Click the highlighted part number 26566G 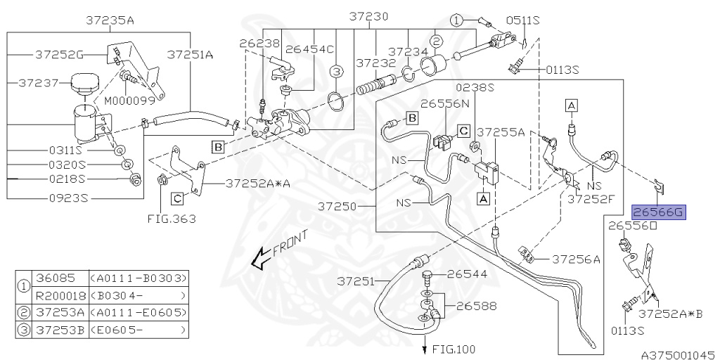point(658,212)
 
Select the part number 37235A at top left point(110,20)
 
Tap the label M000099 point(130,100)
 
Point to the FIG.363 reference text point(172,219)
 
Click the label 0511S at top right point(526,20)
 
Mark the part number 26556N point(445,103)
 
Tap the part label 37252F point(591,199)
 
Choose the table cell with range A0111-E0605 point(139,312)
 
